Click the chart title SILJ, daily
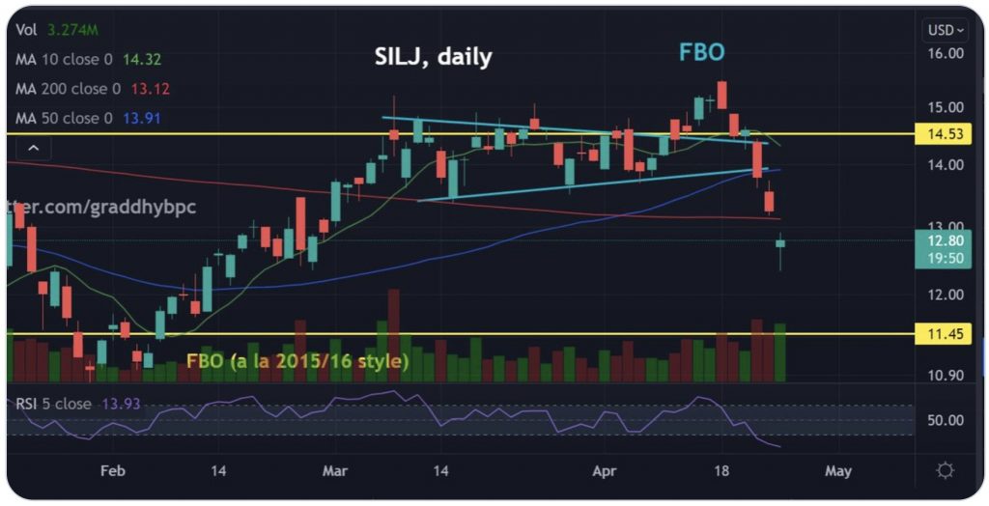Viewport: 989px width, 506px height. [433, 57]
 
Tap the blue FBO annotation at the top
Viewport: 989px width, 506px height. [701, 52]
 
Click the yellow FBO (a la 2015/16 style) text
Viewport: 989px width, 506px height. [297, 361]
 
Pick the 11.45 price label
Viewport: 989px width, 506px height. [944, 334]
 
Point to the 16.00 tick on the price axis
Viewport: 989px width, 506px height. [944, 53]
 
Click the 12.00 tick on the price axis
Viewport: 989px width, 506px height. [944, 295]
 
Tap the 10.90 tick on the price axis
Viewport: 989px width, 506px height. [944, 376]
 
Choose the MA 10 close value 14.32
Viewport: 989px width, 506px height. [143, 60]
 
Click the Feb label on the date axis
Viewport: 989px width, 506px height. [113, 471]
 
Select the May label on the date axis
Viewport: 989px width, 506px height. [837, 471]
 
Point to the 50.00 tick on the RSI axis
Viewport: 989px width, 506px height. [944, 420]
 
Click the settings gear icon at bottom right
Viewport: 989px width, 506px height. [945, 470]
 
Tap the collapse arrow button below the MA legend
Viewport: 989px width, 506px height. [34, 148]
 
